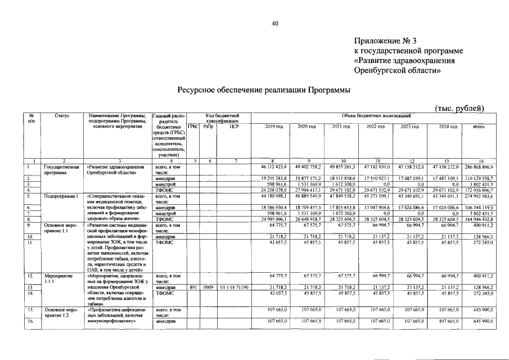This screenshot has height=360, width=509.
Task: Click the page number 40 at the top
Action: (275, 23)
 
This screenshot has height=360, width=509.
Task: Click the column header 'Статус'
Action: (62, 115)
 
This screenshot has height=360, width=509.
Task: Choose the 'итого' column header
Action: (479, 127)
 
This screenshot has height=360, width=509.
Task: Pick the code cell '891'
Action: (193, 287)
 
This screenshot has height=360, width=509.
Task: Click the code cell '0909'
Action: (208, 287)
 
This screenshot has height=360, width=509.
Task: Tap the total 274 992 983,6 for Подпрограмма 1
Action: (478, 196)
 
